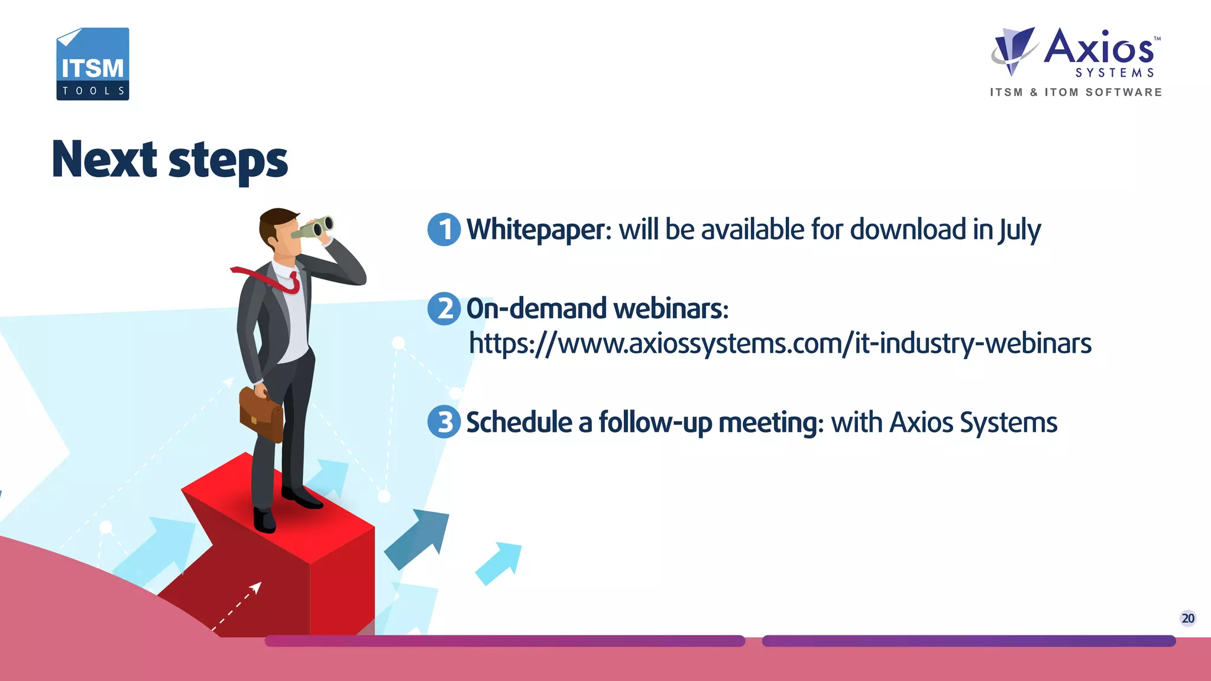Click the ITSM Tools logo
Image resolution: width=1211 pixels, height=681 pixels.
[93, 64]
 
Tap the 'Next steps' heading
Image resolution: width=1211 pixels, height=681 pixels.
[170, 160]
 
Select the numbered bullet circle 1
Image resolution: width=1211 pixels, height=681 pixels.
[444, 230]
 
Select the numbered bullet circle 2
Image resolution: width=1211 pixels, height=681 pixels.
[444, 309]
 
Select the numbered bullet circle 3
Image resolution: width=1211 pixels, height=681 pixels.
[444, 422]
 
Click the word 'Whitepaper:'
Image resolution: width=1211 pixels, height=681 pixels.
[539, 230]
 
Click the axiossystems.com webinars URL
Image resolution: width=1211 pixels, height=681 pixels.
[780, 344]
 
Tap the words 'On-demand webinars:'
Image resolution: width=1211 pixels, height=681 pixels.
[597, 309]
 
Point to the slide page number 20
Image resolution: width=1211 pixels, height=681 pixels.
[1187, 618]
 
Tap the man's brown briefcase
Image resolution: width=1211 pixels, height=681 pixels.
[261, 414]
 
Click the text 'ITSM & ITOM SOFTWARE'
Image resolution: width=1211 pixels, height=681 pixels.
[1076, 92]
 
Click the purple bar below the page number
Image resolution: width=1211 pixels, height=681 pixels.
[968, 641]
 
